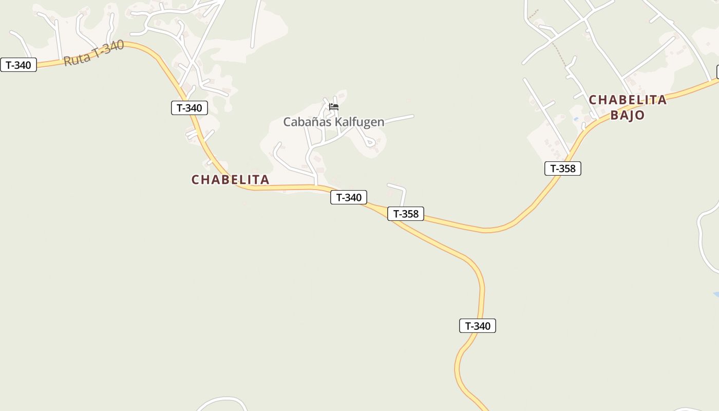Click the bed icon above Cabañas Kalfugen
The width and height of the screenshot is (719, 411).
[334, 107]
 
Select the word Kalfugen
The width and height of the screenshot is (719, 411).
[359, 122]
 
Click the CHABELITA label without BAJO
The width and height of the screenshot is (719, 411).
[230, 180]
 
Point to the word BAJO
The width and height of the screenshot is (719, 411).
[627, 115]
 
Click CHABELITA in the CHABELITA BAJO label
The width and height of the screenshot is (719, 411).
[627, 100]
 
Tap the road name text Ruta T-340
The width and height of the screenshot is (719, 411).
[93, 53]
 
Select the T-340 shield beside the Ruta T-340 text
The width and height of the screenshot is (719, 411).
[18, 65]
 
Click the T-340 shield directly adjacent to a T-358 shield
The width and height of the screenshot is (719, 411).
[349, 197]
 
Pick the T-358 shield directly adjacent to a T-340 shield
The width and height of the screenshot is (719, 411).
[406, 214]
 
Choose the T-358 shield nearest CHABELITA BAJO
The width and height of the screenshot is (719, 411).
[563, 169]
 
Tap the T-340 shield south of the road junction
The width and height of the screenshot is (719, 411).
[478, 326]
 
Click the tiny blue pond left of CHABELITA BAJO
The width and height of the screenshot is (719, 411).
[576, 119]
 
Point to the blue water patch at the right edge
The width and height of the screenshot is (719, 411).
[715, 294]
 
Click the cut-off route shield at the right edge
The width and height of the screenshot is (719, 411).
[717, 72]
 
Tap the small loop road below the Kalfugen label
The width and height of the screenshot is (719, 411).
[369, 142]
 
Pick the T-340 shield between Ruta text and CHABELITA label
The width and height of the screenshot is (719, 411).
[190, 108]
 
